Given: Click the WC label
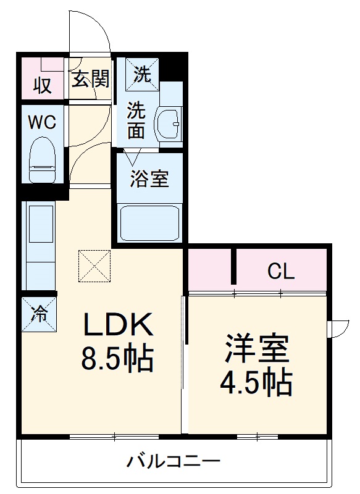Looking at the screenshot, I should (41, 122).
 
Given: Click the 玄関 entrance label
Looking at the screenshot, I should (90, 78).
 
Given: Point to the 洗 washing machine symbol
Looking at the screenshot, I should (143, 74).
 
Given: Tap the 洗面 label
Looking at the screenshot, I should (136, 120).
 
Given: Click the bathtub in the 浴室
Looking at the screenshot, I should (149, 223).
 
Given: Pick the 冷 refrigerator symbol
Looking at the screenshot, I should (39, 314).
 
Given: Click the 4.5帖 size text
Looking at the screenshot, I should (257, 384).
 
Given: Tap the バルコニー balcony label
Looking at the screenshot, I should (174, 461).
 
